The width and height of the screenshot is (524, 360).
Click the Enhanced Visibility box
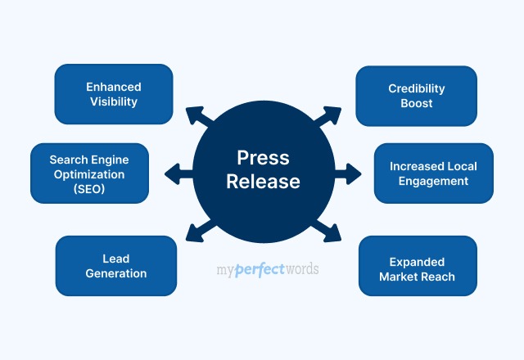tap(114, 94)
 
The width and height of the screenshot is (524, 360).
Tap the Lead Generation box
tap(115, 266)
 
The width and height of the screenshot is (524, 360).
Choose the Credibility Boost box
tap(416, 96)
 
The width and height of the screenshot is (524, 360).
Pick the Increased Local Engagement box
tap(433, 173)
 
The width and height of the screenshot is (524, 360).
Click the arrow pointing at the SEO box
tap(175, 173)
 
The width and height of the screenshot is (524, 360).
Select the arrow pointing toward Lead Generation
tap(197, 232)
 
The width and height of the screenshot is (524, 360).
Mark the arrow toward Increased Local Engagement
tap(349, 173)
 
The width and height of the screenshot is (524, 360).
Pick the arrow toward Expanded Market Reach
tap(330, 232)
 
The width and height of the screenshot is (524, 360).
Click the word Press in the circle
tap(263, 158)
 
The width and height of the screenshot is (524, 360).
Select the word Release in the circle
tap(263, 181)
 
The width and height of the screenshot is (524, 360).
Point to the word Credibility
tap(416, 88)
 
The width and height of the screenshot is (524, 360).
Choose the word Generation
tap(115, 273)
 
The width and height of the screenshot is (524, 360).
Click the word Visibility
tap(114, 102)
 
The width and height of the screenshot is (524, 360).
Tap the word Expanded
tap(417, 262)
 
